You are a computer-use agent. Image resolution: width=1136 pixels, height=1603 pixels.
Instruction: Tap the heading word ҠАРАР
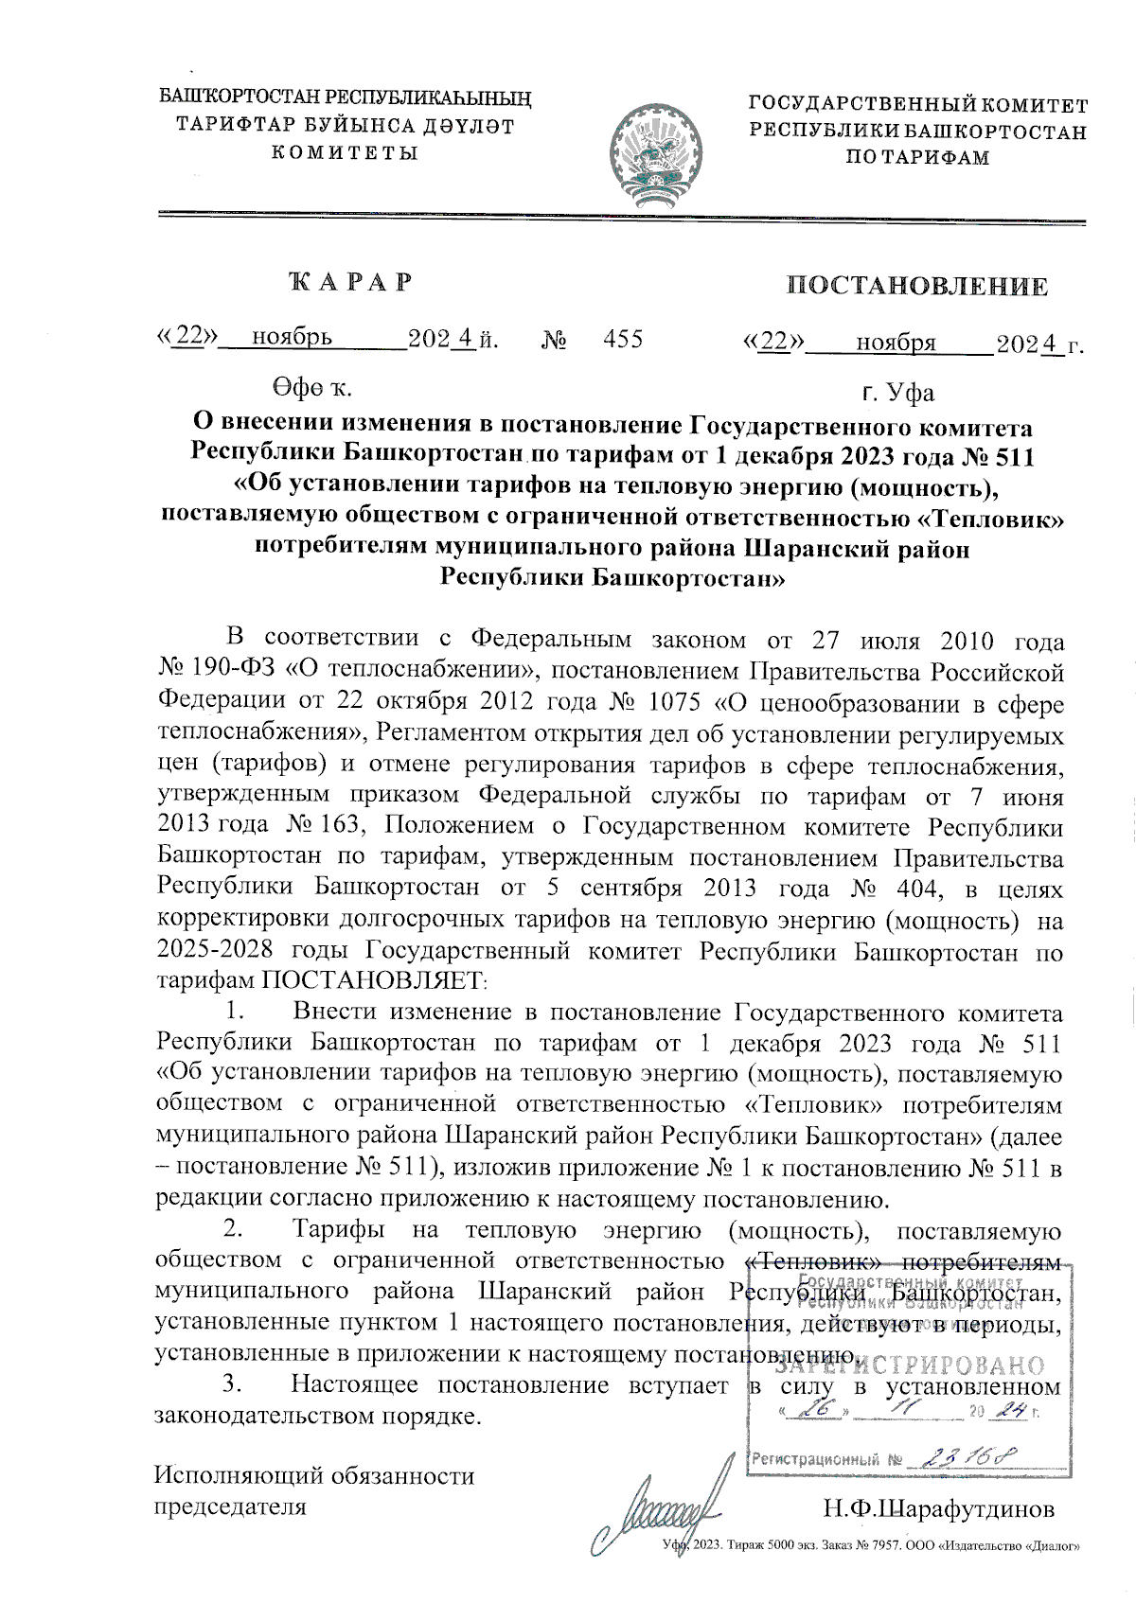(x=351, y=282)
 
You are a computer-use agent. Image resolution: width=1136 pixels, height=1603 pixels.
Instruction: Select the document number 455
(x=623, y=339)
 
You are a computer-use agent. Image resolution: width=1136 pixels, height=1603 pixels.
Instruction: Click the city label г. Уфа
(x=897, y=392)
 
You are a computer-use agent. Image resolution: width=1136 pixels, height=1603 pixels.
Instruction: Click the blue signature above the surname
(x=653, y=1515)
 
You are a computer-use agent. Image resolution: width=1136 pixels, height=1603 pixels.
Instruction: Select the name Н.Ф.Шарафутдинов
(x=937, y=1507)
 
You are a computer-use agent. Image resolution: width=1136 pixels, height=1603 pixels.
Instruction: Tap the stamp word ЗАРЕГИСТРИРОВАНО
(x=909, y=1365)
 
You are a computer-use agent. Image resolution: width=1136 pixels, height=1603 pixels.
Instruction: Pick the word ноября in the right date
(x=896, y=343)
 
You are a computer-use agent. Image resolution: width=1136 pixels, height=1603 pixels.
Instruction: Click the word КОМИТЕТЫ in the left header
(x=345, y=152)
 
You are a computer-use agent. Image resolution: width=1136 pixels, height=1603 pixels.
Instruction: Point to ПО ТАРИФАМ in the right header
(x=917, y=158)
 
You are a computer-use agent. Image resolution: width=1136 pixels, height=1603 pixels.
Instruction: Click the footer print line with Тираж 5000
(x=871, y=1545)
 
